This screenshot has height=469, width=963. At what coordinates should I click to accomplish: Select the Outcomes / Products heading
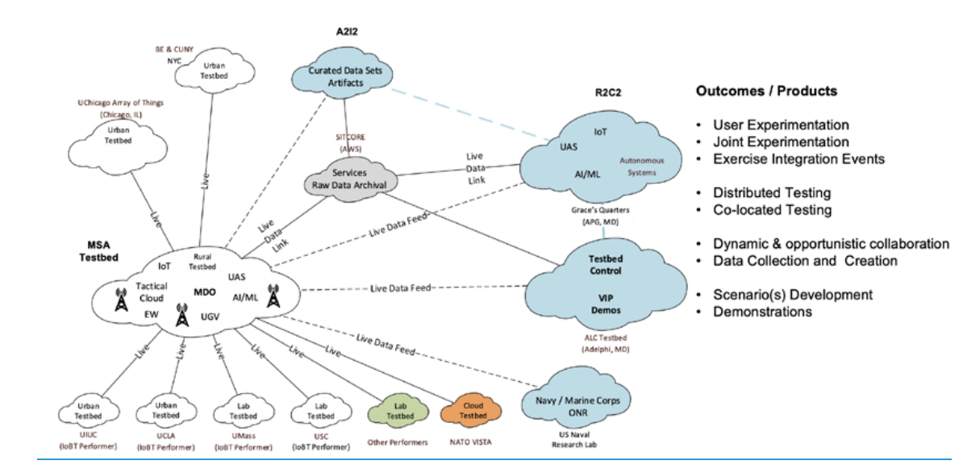click(766, 91)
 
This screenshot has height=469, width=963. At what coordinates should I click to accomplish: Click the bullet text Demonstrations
click(762, 311)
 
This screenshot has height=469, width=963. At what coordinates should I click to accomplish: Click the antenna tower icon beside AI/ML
click(272, 297)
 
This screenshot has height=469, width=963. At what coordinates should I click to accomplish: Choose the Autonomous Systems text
click(637, 167)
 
